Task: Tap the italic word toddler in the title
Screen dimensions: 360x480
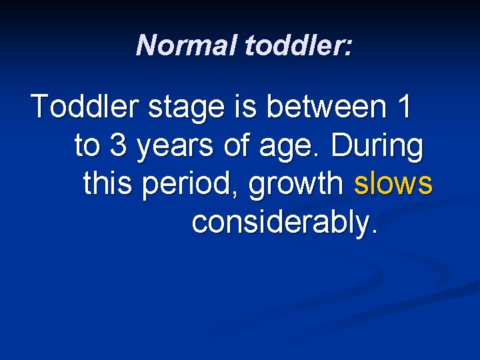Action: [294, 46]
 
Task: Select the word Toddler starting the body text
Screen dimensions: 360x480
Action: [85, 107]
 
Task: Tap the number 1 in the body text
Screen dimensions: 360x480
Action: [402, 107]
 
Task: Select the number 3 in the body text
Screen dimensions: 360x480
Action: [118, 147]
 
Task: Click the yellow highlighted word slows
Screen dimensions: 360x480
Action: [393, 185]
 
